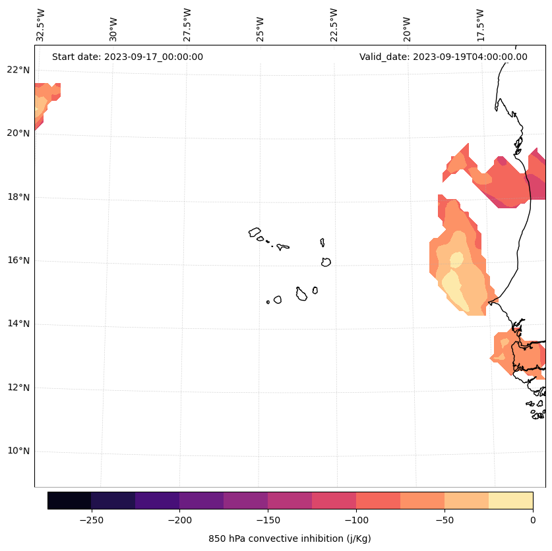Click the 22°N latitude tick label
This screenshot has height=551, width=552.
click(x=18, y=70)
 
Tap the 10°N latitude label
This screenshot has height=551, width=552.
click(x=18, y=451)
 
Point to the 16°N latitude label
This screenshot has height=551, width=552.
click(x=18, y=260)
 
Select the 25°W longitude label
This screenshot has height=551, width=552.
click(x=260, y=29)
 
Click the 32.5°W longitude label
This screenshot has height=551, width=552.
click(x=40, y=25)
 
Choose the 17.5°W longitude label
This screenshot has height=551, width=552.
click(x=480, y=25)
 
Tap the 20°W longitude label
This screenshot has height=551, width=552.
click(x=407, y=29)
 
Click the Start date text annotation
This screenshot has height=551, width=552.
click(x=127, y=57)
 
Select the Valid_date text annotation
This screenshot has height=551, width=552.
click(x=443, y=57)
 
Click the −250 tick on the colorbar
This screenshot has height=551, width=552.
click(x=92, y=521)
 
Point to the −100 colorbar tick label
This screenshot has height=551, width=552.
click(x=356, y=521)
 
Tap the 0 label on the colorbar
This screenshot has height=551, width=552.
click(x=533, y=521)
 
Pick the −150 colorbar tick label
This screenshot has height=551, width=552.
click(x=268, y=521)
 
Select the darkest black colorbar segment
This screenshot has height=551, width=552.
click(x=69, y=501)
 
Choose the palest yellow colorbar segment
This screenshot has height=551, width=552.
click(x=511, y=501)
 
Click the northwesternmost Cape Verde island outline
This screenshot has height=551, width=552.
click(x=254, y=232)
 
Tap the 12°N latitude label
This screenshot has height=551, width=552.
click(x=18, y=388)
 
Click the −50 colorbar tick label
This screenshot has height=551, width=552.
click(x=445, y=521)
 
